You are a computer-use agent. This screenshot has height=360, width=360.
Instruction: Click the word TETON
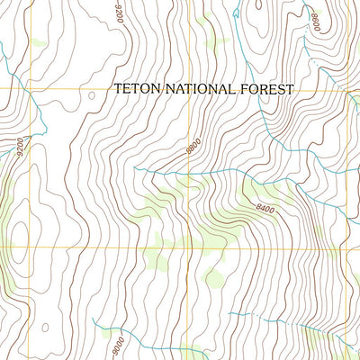click(x=132, y=88)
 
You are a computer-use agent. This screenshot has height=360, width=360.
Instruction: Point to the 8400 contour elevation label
click(x=264, y=209)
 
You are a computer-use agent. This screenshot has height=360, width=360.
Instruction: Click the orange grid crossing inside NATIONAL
click(x=190, y=89)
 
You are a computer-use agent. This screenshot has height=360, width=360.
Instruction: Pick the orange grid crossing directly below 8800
click(x=190, y=246)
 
